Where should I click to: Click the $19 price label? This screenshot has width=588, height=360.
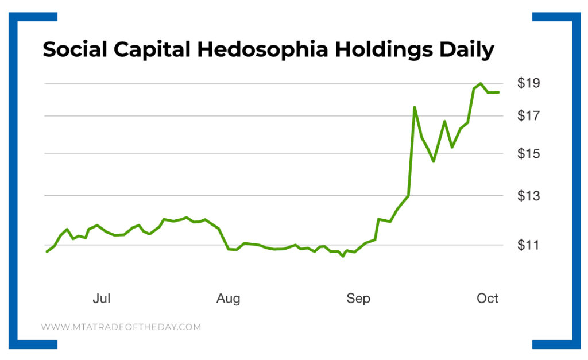528,83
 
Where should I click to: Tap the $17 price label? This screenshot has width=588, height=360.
528,116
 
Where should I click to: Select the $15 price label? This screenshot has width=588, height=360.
528,153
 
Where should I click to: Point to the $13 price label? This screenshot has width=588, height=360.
528,196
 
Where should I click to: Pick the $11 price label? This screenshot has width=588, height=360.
528,245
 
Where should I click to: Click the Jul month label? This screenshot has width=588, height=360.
101,299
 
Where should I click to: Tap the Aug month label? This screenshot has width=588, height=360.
228,299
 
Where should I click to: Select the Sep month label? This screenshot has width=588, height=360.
358,299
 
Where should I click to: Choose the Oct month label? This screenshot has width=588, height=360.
488,299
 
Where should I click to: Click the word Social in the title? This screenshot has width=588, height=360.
74,50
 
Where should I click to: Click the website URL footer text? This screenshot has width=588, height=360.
121,327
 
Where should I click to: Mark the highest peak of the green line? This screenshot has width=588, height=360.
481,83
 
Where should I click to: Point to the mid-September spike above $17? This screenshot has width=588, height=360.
414,107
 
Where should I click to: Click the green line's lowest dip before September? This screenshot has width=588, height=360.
343,256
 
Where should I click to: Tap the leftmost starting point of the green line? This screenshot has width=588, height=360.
47,251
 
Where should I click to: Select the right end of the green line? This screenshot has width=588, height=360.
499,92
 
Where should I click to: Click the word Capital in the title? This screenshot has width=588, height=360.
152,50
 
